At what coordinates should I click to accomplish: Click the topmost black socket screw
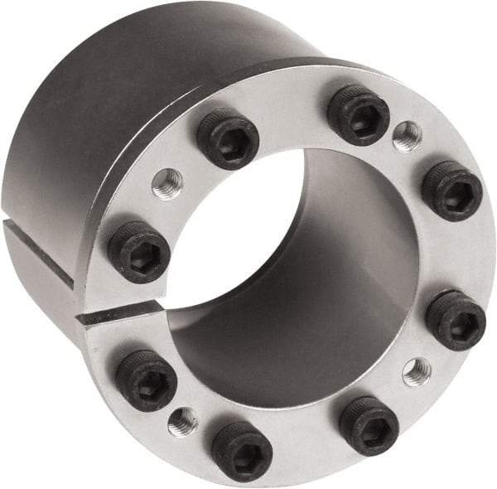tap(358, 114)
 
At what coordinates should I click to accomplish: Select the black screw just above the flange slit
tap(138, 250)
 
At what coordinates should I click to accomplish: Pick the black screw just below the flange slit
tap(145, 380)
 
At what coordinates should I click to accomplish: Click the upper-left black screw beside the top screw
tap(227, 139)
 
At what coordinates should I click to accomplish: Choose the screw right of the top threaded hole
tap(451, 191)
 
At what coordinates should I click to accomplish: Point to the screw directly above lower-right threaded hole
tap(456, 320)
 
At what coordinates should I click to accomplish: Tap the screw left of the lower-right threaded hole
tap(369, 425)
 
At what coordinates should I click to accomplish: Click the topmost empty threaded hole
tap(407, 136)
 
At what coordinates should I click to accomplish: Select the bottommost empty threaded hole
tap(182, 422)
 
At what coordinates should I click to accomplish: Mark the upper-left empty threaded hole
tap(167, 184)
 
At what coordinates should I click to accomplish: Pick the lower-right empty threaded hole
tap(417, 371)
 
